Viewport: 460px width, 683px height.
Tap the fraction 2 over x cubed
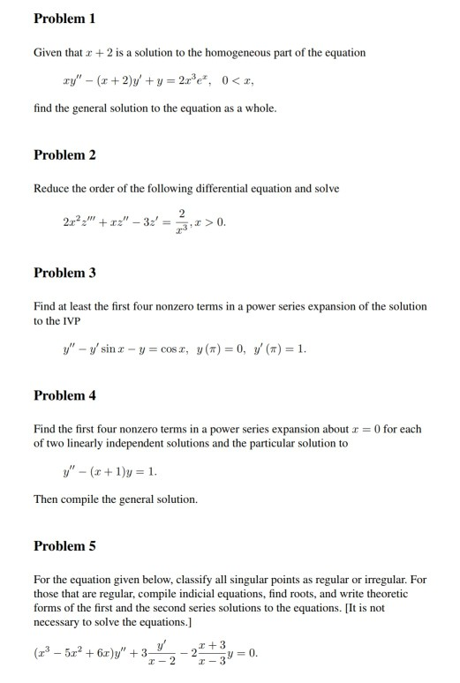tap(180, 221)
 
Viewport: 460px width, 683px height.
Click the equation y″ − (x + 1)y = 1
tap(106, 470)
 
